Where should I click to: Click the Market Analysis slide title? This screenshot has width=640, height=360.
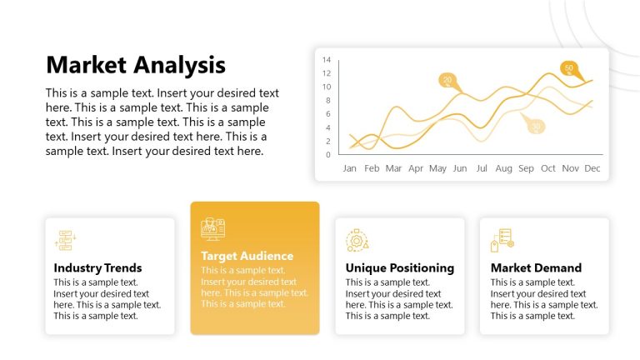click(135, 64)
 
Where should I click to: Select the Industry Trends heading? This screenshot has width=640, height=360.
click(97, 267)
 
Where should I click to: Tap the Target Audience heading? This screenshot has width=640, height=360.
click(247, 256)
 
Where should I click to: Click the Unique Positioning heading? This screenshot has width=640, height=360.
click(399, 267)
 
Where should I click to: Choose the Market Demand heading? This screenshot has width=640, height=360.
click(536, 267)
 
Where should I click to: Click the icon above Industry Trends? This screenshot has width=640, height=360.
click(65, 240)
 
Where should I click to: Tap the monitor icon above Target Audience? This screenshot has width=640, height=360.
click(213, 228)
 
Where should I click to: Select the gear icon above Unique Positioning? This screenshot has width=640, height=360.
click(357, 240)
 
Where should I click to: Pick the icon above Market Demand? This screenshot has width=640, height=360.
click(502, 240)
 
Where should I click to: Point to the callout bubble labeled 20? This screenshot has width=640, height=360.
click(448, 81)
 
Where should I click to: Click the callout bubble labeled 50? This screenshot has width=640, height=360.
click(569, 67)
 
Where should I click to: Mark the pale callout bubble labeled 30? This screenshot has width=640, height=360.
click(537, 127)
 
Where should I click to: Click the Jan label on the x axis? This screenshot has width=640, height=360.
click(350, 168)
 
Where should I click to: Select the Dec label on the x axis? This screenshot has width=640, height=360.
click(592, 168)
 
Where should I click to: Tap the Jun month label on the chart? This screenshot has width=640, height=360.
click(459, 168)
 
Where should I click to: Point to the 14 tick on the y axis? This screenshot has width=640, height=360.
click(327, 60)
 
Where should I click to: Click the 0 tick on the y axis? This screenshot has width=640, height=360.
click(328, 154)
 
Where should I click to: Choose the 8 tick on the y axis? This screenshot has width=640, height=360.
click(328, 100)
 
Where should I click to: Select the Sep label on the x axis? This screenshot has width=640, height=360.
click(526, 168)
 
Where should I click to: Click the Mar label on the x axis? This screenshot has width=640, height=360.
click(393, 168)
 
